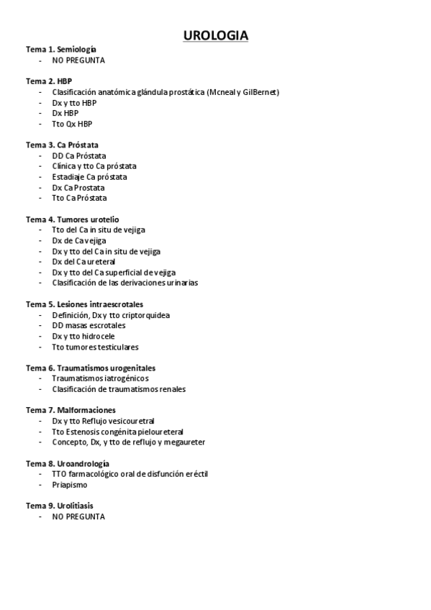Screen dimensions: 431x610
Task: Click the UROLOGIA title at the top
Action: pos(215,35)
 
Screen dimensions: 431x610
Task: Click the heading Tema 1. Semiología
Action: pos(61,50)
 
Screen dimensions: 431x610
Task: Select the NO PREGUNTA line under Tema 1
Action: pos(78,60)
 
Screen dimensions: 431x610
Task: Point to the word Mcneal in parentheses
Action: pos(224,92)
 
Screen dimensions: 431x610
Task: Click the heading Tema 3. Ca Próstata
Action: pos(63,145)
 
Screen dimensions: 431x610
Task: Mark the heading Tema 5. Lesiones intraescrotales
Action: pos(85,304)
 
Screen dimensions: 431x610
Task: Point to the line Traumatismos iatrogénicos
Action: pos(100,378)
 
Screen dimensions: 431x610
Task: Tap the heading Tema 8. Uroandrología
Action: pos(68,463)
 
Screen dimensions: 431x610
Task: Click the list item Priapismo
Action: pos(70,484)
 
